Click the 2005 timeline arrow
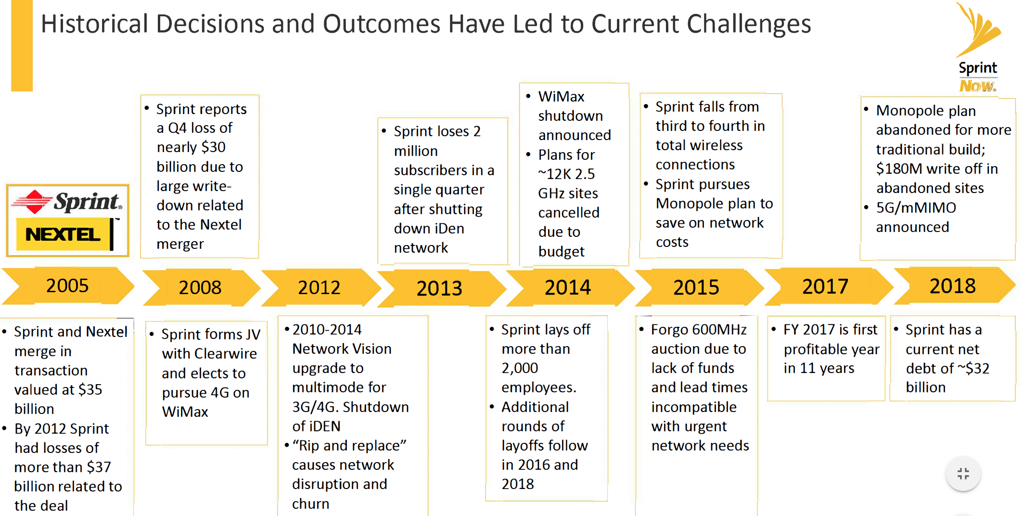click(67, 286)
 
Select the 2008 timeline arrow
click(200, 287)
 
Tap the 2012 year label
click(319, 287)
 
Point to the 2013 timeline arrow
click(439, 288)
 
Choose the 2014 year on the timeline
click(568, 287)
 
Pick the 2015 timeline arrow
click(696, 287)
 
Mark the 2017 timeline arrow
click(825, 286)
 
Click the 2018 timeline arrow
click(953, 286)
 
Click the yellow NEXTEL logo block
click(63, 234)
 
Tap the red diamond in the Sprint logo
click(34, 202)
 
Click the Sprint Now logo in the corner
click(978, 48)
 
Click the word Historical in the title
click(94, 24)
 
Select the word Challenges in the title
click(749, 24)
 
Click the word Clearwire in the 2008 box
click(226, 354)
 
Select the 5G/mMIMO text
click(916, 208)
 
